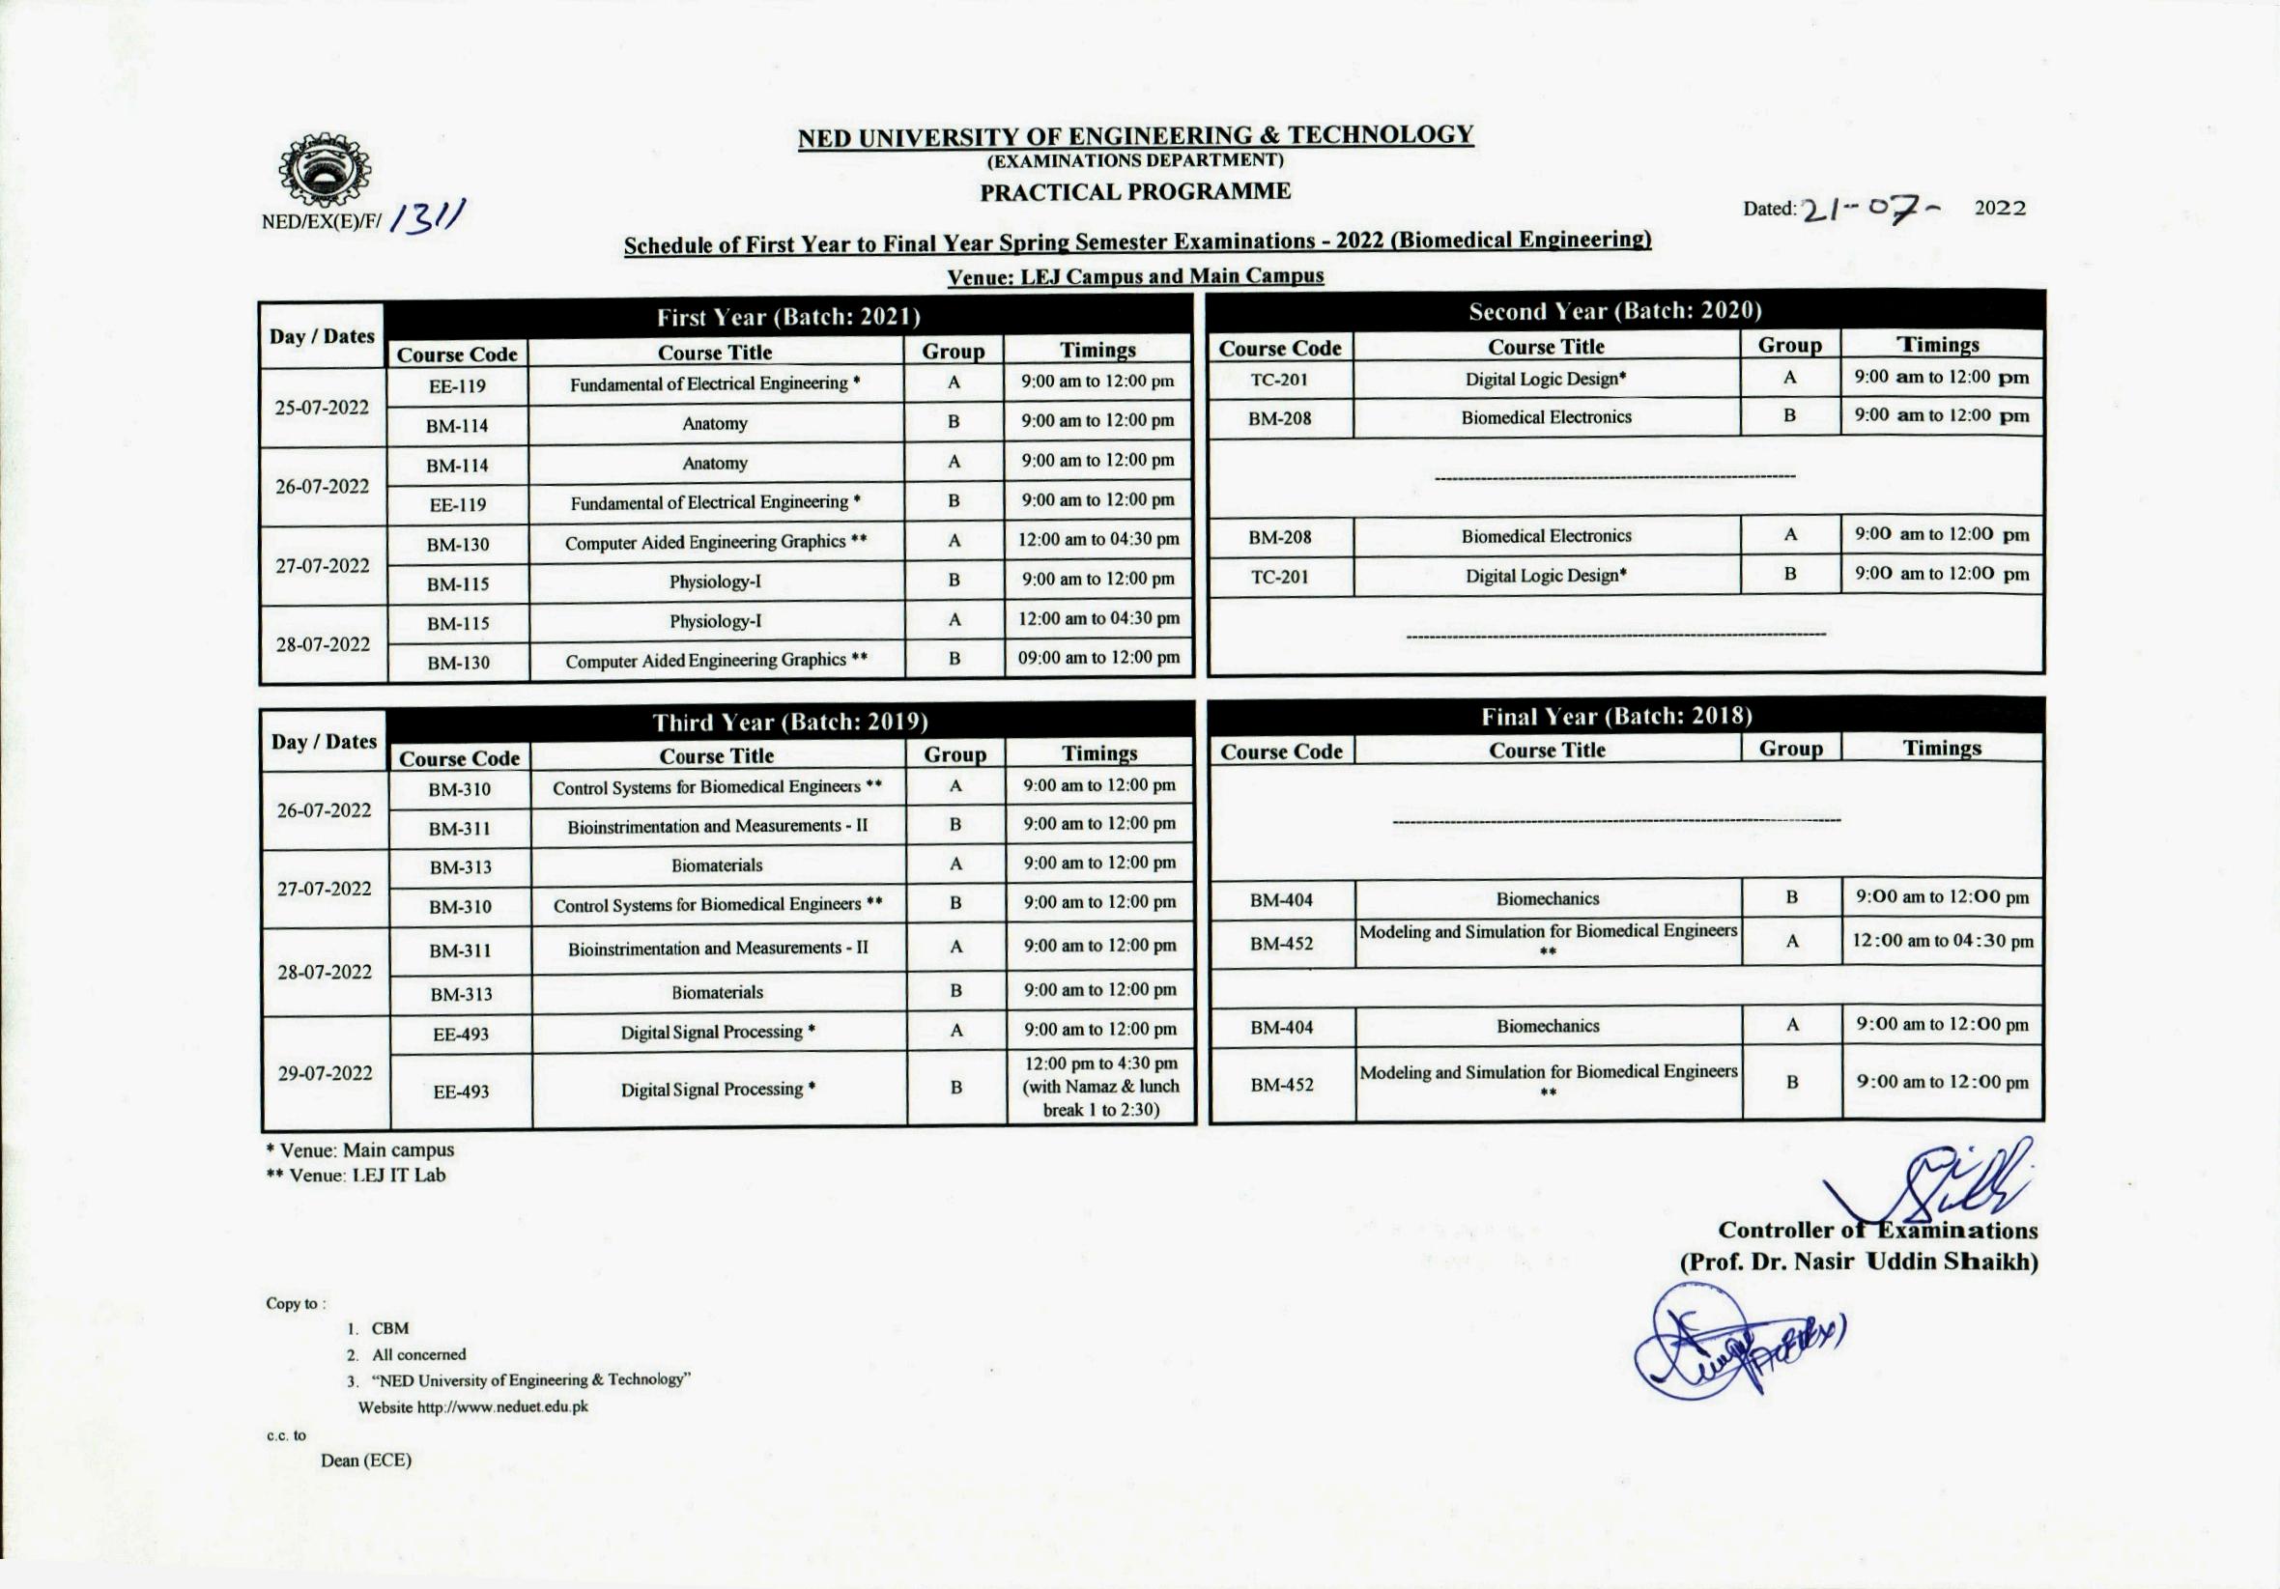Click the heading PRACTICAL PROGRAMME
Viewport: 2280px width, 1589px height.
click(x=1135, y=191)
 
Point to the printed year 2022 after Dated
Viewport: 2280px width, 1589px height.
click(x=2000, y=208)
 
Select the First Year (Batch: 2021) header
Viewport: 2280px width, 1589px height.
click(x=788, y=318)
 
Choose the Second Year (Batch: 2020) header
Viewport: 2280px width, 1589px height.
click(x=1615, y=312)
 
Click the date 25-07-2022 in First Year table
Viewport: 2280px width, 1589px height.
click(x=322, y=408)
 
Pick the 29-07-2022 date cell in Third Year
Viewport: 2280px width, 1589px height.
click(x=325, y=1072)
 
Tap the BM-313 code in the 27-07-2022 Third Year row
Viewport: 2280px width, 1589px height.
click(x=461, y=867)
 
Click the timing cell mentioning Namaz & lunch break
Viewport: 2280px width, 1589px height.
click(x=1100, y=1087)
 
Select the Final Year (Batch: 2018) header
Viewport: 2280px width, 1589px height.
click(x=1616, y=716)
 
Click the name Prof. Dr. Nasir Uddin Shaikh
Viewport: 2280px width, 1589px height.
click(x=1858, y=1262)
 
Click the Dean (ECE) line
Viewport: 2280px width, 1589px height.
click(x=365, y=1460)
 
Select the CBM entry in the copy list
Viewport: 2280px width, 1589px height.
click(x=390, y=1328)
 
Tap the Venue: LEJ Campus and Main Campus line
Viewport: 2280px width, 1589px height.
click(x=1135, y=276)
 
